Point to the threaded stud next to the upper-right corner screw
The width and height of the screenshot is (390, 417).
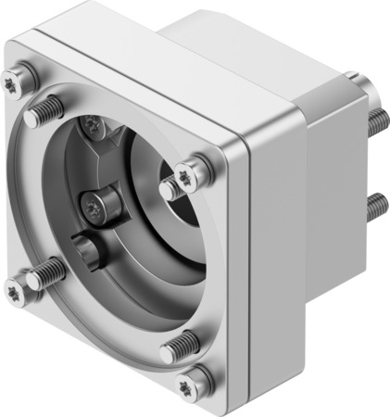click(173, 188)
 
